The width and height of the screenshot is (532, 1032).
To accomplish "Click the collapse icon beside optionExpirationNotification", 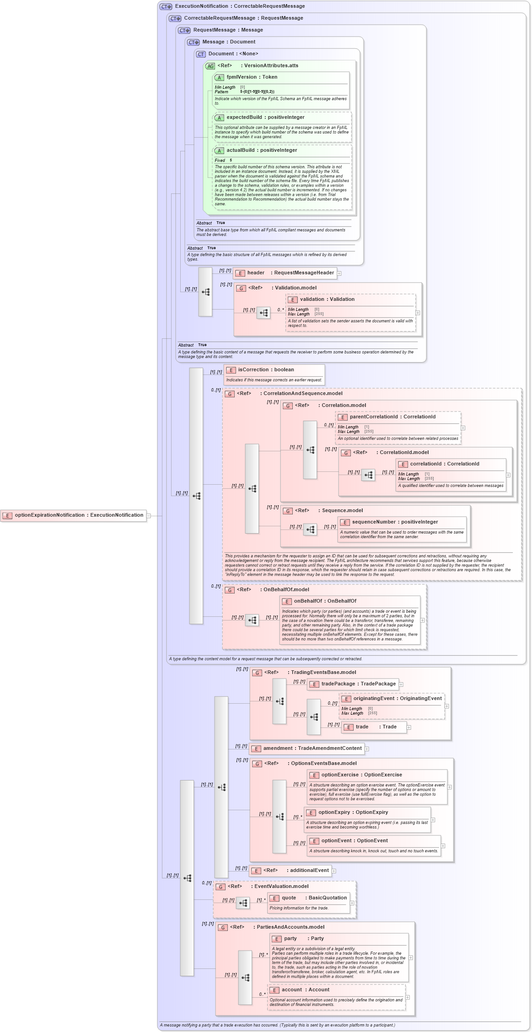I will click(149, 516).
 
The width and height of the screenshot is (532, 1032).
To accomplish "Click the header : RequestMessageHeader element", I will click(285, 273).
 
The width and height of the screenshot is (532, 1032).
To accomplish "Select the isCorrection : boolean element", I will click(266, 370).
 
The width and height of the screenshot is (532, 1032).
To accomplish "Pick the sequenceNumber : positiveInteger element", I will click(395, 522).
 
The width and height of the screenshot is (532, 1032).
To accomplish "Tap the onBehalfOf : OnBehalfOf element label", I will click(325, 601).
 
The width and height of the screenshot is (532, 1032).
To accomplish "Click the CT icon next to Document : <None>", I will click(201, 54).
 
